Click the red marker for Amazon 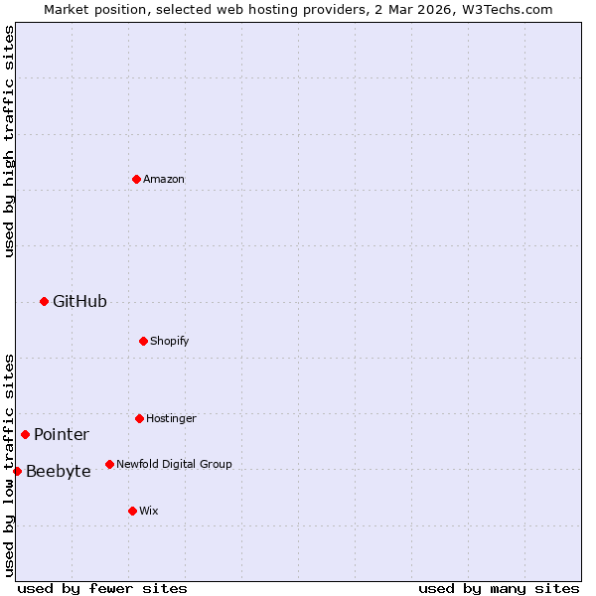pos(136,179)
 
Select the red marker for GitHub pos(44,301)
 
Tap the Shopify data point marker pos(143,341)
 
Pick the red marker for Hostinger pos(139,418)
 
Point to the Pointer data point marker pos(25,434)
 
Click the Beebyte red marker pos(17,471)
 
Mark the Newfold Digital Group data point pos(109,464)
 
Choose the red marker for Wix pos(132,511)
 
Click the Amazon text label pos(164,179)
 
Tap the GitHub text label pos(79,301)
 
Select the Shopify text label pos(170,341)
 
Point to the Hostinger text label pos(171,418)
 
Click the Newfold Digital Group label pos(174,464)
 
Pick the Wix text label pos(149,511)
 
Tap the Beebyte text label pos(59,471)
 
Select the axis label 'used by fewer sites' pos(102,588)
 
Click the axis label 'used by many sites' pos(499,588)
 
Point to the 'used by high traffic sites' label pos(9,141)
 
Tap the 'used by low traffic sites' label pos(9,465)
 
